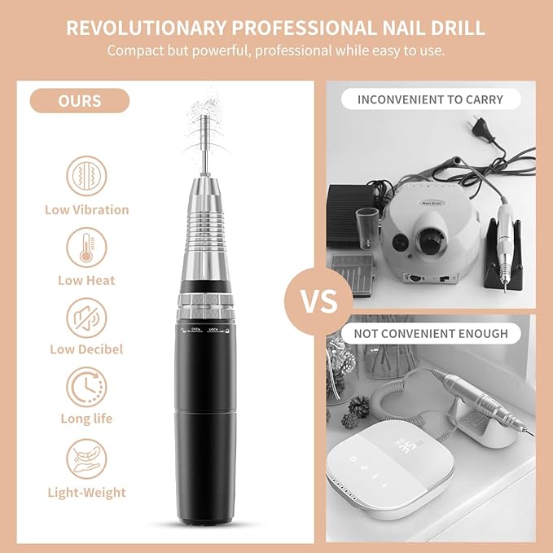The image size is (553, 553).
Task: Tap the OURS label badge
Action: click(x=80, y=101)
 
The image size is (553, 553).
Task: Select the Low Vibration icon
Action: click(x=86, y=176)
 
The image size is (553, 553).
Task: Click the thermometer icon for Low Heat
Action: click(x=86, y=247)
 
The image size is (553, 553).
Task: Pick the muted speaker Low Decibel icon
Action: click(x=86, y=317)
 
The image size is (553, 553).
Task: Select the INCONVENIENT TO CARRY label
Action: click(x=431, y=100)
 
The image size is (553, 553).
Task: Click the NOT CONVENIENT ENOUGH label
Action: click(x=431, y=333)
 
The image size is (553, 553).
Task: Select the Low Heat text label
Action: click(x=86, y=280)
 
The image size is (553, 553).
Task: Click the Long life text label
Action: click(x=86, y=419)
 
